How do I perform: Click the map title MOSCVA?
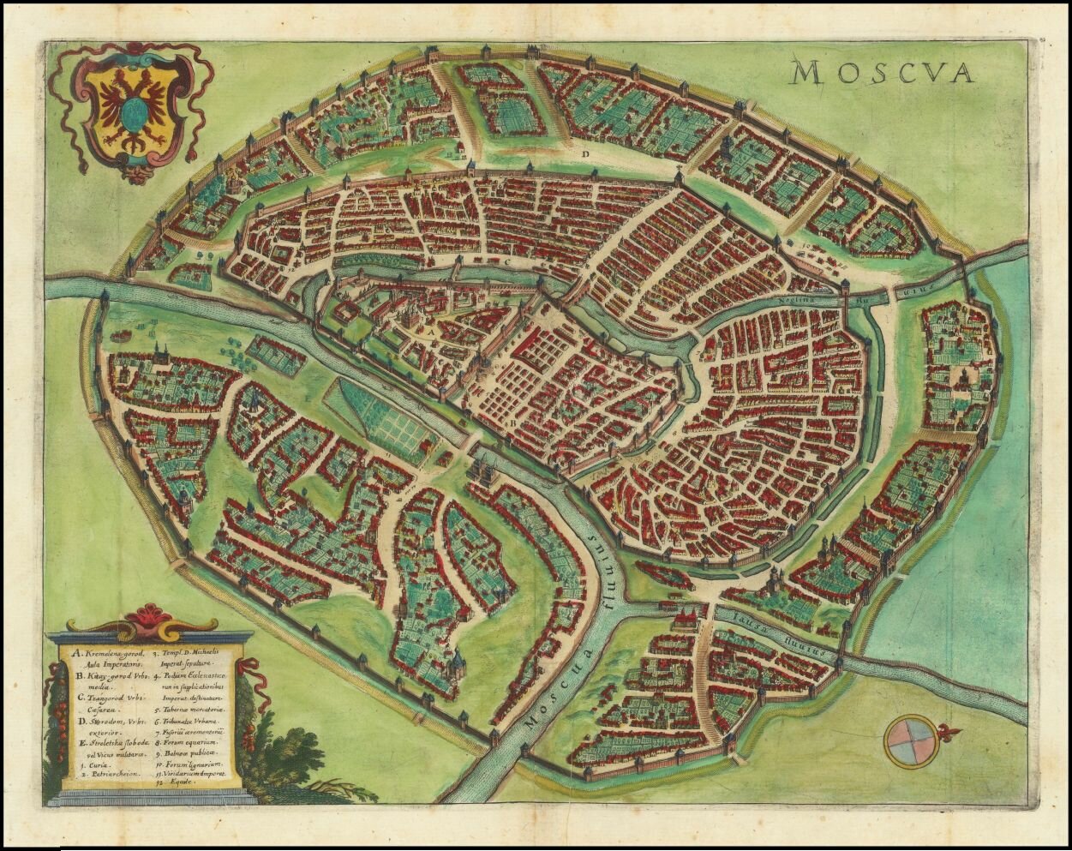883,73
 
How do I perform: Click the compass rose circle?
909,740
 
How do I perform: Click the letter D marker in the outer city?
586,154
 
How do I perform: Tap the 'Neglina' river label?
798,301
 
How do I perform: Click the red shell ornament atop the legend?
151,616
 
